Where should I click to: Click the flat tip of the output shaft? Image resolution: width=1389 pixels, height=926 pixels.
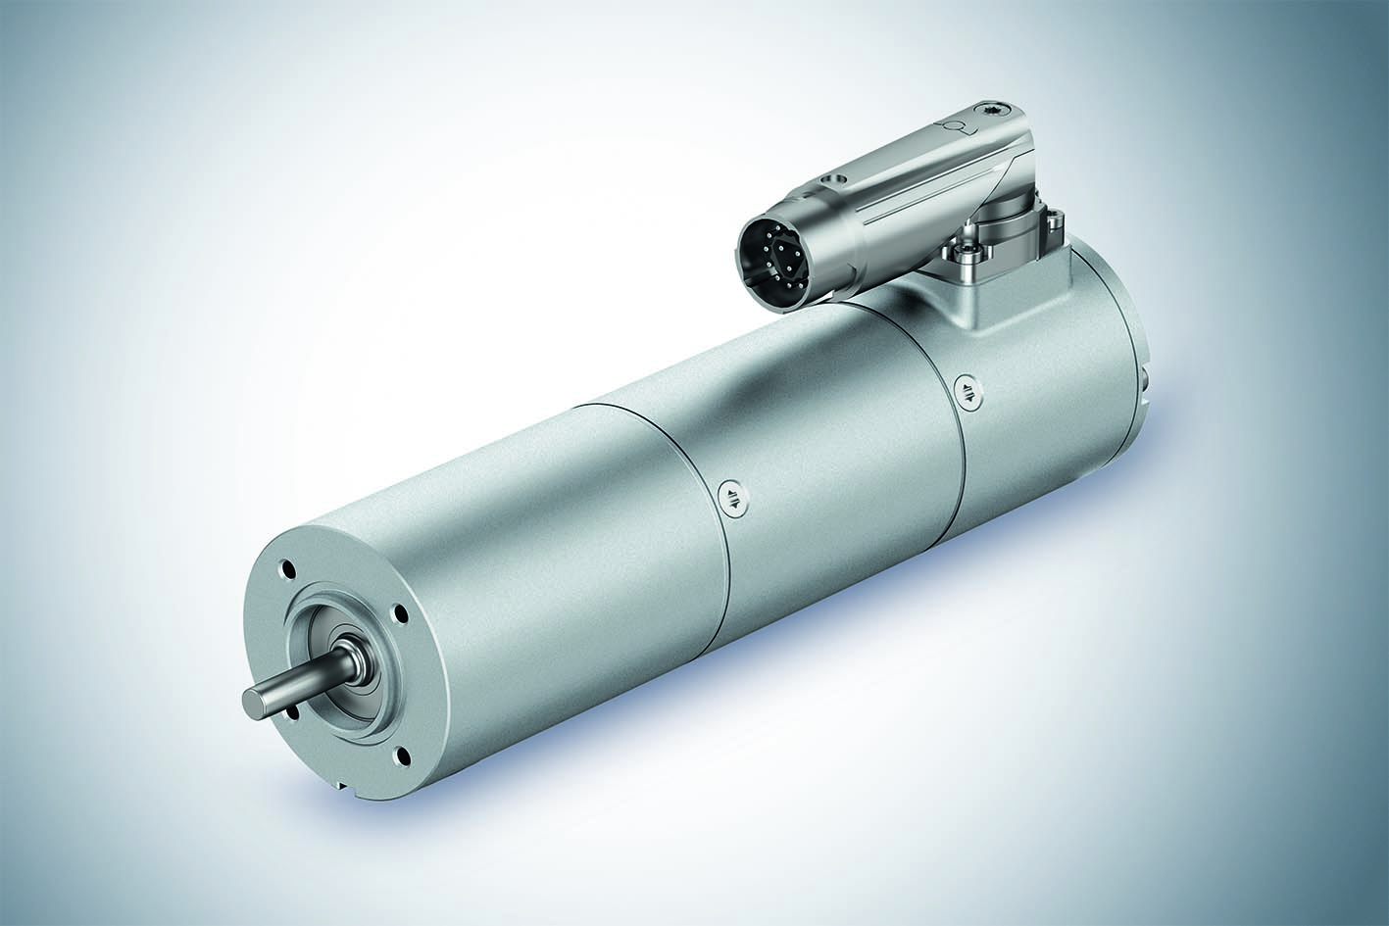[x=250, y=699]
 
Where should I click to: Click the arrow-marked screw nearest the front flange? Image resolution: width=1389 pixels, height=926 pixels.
[x=731, y=497]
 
